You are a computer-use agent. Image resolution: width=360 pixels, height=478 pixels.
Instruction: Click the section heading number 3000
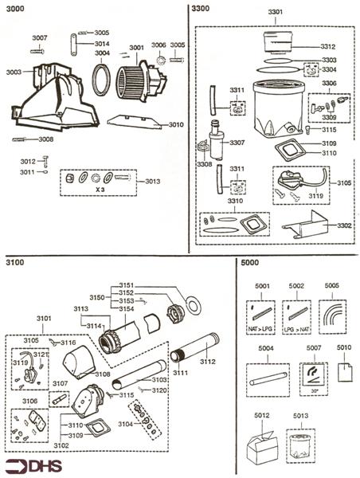[14, 10]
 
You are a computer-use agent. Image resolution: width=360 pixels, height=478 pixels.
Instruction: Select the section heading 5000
[249, 263]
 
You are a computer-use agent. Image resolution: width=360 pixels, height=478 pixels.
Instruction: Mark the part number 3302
[344, 225]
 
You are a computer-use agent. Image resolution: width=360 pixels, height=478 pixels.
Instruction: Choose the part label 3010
[176, 124]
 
